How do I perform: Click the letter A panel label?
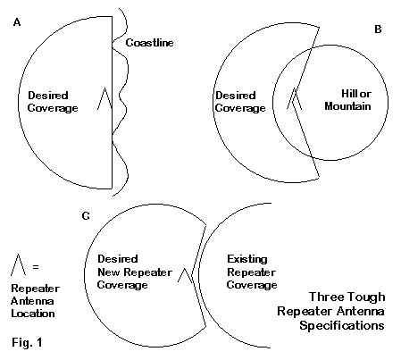click(x=17, y=22)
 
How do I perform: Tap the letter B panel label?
click(x=378, y=29)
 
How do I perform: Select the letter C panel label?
click(x=86, y=215)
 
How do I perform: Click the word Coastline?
click(x=149, y=43)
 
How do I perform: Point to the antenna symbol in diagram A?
click(x=104, y=98)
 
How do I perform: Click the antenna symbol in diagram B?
click(x=295, y=98)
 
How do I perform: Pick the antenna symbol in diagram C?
click(x=185, y=275)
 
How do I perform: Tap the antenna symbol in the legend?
click(x=18, y=264)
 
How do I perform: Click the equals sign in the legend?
click(x=36, y=266)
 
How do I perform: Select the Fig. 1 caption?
click(x=27, y=342)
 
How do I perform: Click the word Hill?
click(x=349, y=94)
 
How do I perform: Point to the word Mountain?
click(x=347, y=106)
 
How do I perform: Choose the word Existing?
click(x=247, y=259)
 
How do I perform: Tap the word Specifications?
click(x=342, y=325)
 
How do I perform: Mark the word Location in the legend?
click(x=33, y=314)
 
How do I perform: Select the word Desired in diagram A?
click(x=48, y=96)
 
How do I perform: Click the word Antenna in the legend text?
click(x=32, y=301)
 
